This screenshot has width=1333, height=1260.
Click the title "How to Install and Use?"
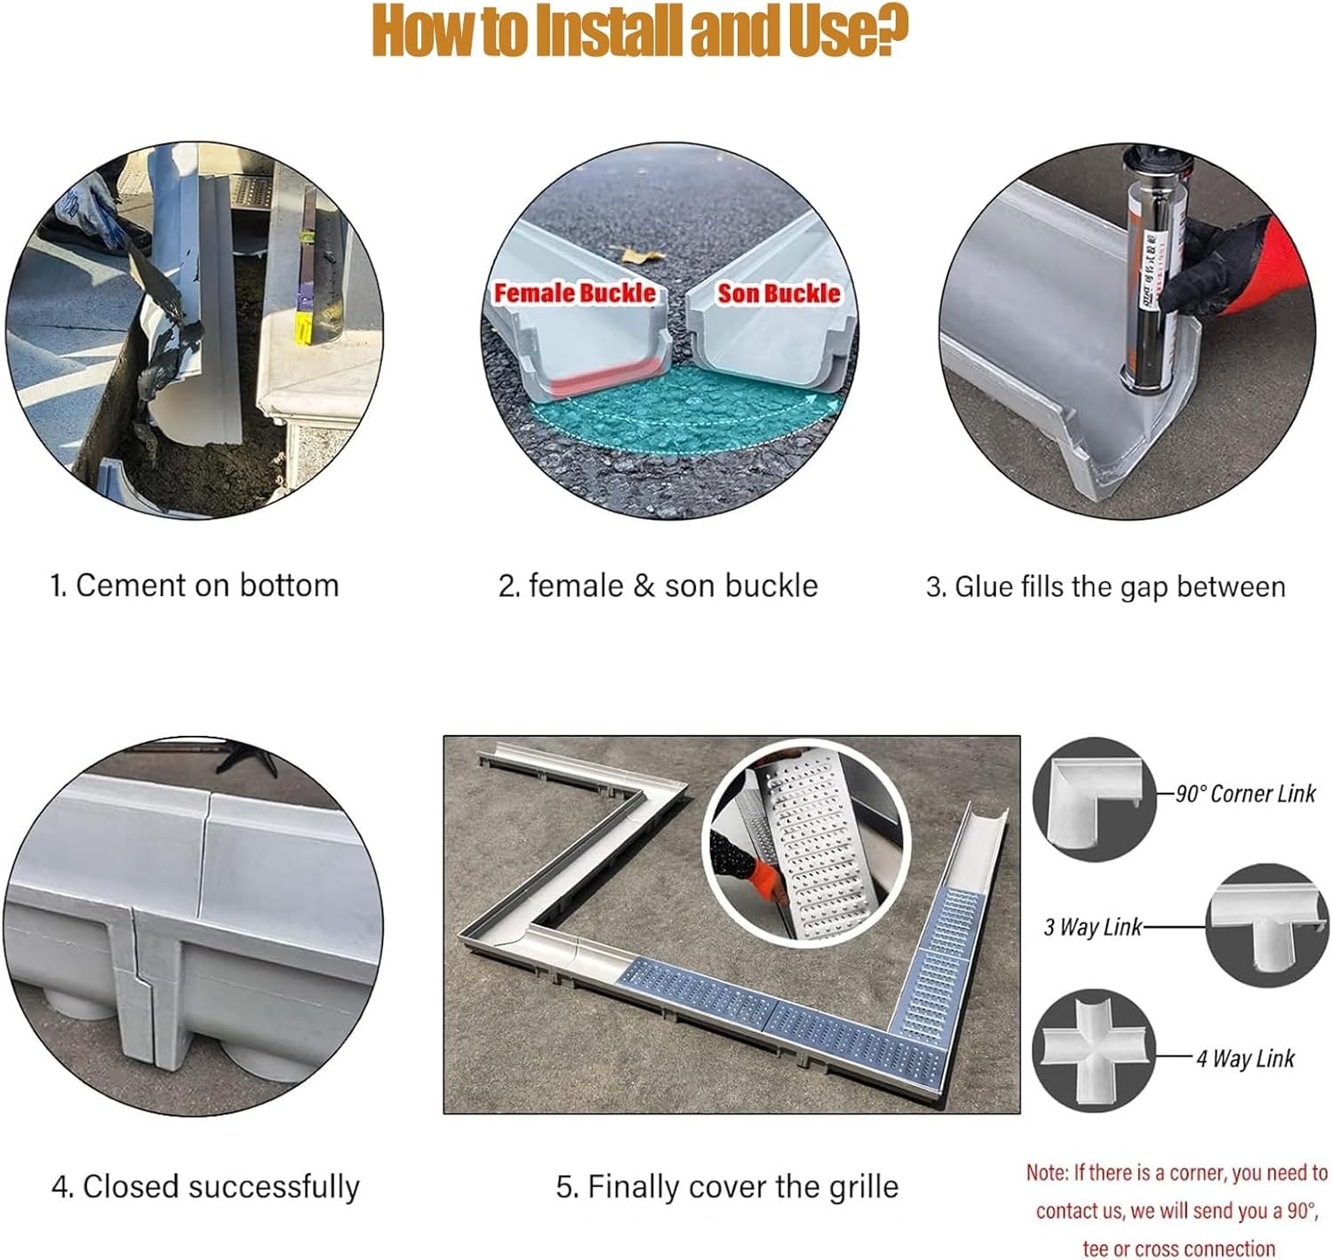tap(640, 31)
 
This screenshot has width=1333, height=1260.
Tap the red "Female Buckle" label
tap(575, 292)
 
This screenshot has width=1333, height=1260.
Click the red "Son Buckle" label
tap(778, 292)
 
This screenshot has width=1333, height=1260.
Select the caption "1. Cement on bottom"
tap(195, 586)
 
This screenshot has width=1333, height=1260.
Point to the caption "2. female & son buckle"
tap(658, 586)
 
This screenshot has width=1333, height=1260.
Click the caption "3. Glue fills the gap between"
tap(1106, 586)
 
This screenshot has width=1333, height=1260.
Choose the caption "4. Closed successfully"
tap(205, 1186)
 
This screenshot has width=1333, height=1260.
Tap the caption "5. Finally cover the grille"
tap(727, 1186)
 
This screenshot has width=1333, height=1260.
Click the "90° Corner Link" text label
tap(1245, 793)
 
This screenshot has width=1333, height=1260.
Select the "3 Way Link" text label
tap(1092, 927)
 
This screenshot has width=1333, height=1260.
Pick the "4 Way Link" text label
tap(1245, 1058)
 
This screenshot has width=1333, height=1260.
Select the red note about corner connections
tap(1177, 1210)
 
